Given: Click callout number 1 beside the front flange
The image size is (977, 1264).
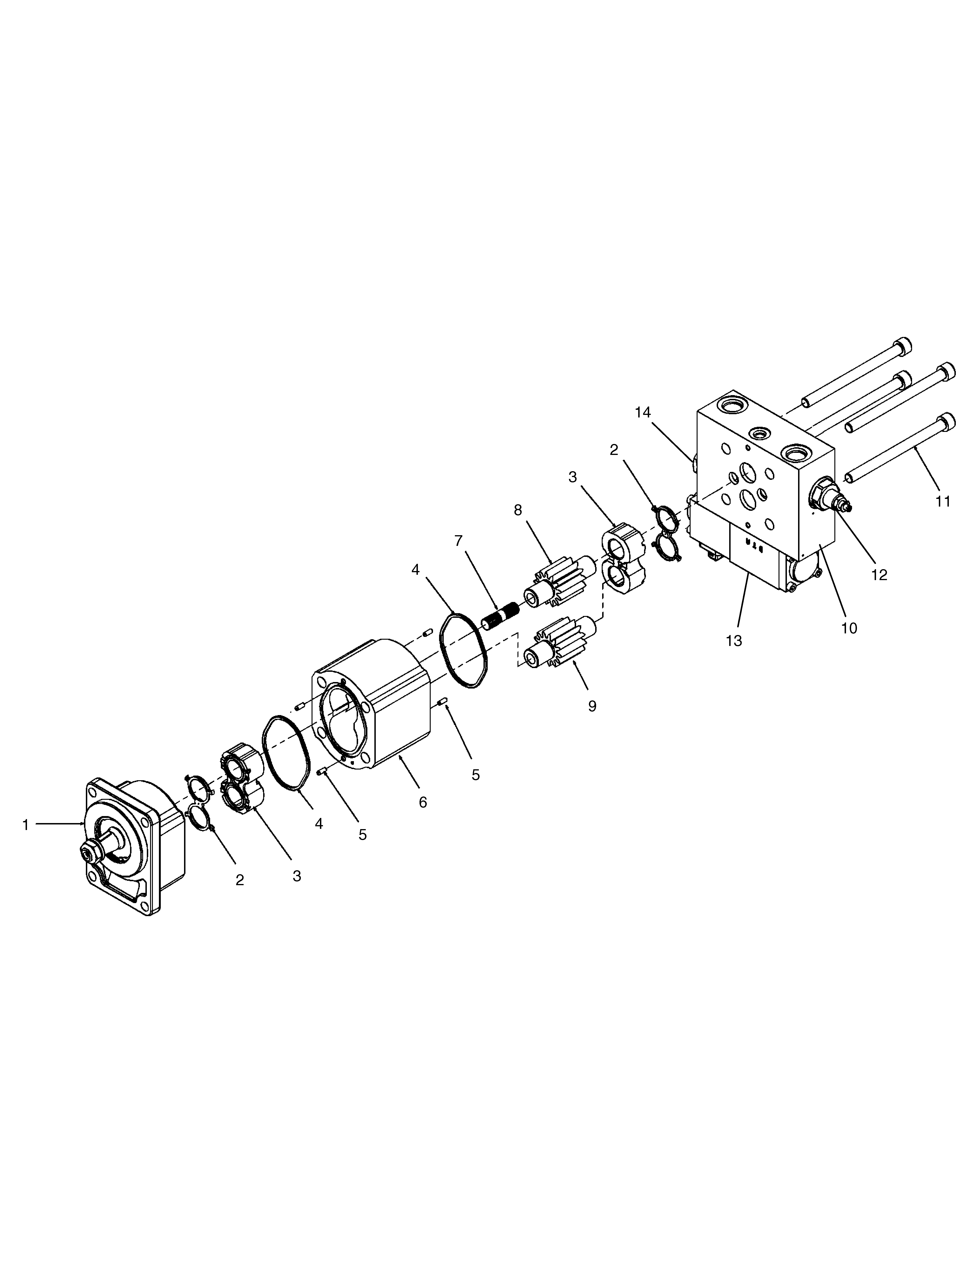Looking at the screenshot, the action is point(25,825).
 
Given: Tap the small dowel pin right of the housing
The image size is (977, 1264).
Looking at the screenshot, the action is point(443,703).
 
